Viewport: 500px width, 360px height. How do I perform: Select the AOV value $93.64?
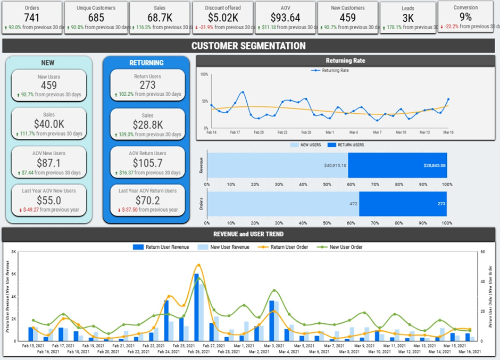284,18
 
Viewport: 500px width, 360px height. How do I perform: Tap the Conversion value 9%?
465,17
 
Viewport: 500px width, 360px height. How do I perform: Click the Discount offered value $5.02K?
223,18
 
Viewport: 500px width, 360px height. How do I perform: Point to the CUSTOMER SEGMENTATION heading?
248,46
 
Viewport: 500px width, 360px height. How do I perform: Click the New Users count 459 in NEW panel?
48,85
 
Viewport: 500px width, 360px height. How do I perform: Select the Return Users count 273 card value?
147,85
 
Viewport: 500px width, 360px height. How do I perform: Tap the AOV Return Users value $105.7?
147,163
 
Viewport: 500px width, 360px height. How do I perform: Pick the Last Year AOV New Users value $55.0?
48,200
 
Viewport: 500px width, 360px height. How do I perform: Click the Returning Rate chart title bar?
345,61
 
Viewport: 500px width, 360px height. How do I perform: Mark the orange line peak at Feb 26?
198,265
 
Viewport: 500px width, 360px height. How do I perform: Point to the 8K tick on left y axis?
14,252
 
